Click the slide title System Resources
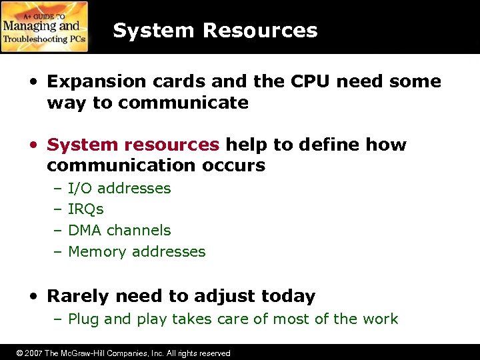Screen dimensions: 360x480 coord(215,30)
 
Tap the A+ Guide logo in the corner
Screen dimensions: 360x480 coord(45,27)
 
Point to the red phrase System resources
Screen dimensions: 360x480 coord(133,145)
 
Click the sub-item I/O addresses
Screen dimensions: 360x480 coord(119,188)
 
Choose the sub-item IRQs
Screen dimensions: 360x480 coord(86,209)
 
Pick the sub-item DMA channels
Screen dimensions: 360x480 coord(119,231)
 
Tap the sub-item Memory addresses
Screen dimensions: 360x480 coord(137,252)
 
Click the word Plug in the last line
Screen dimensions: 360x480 coord(84,319)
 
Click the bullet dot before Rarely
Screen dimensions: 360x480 coord(33,296)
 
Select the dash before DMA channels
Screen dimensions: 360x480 coord(57,231)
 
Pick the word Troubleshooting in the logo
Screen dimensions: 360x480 coord(37,39)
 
